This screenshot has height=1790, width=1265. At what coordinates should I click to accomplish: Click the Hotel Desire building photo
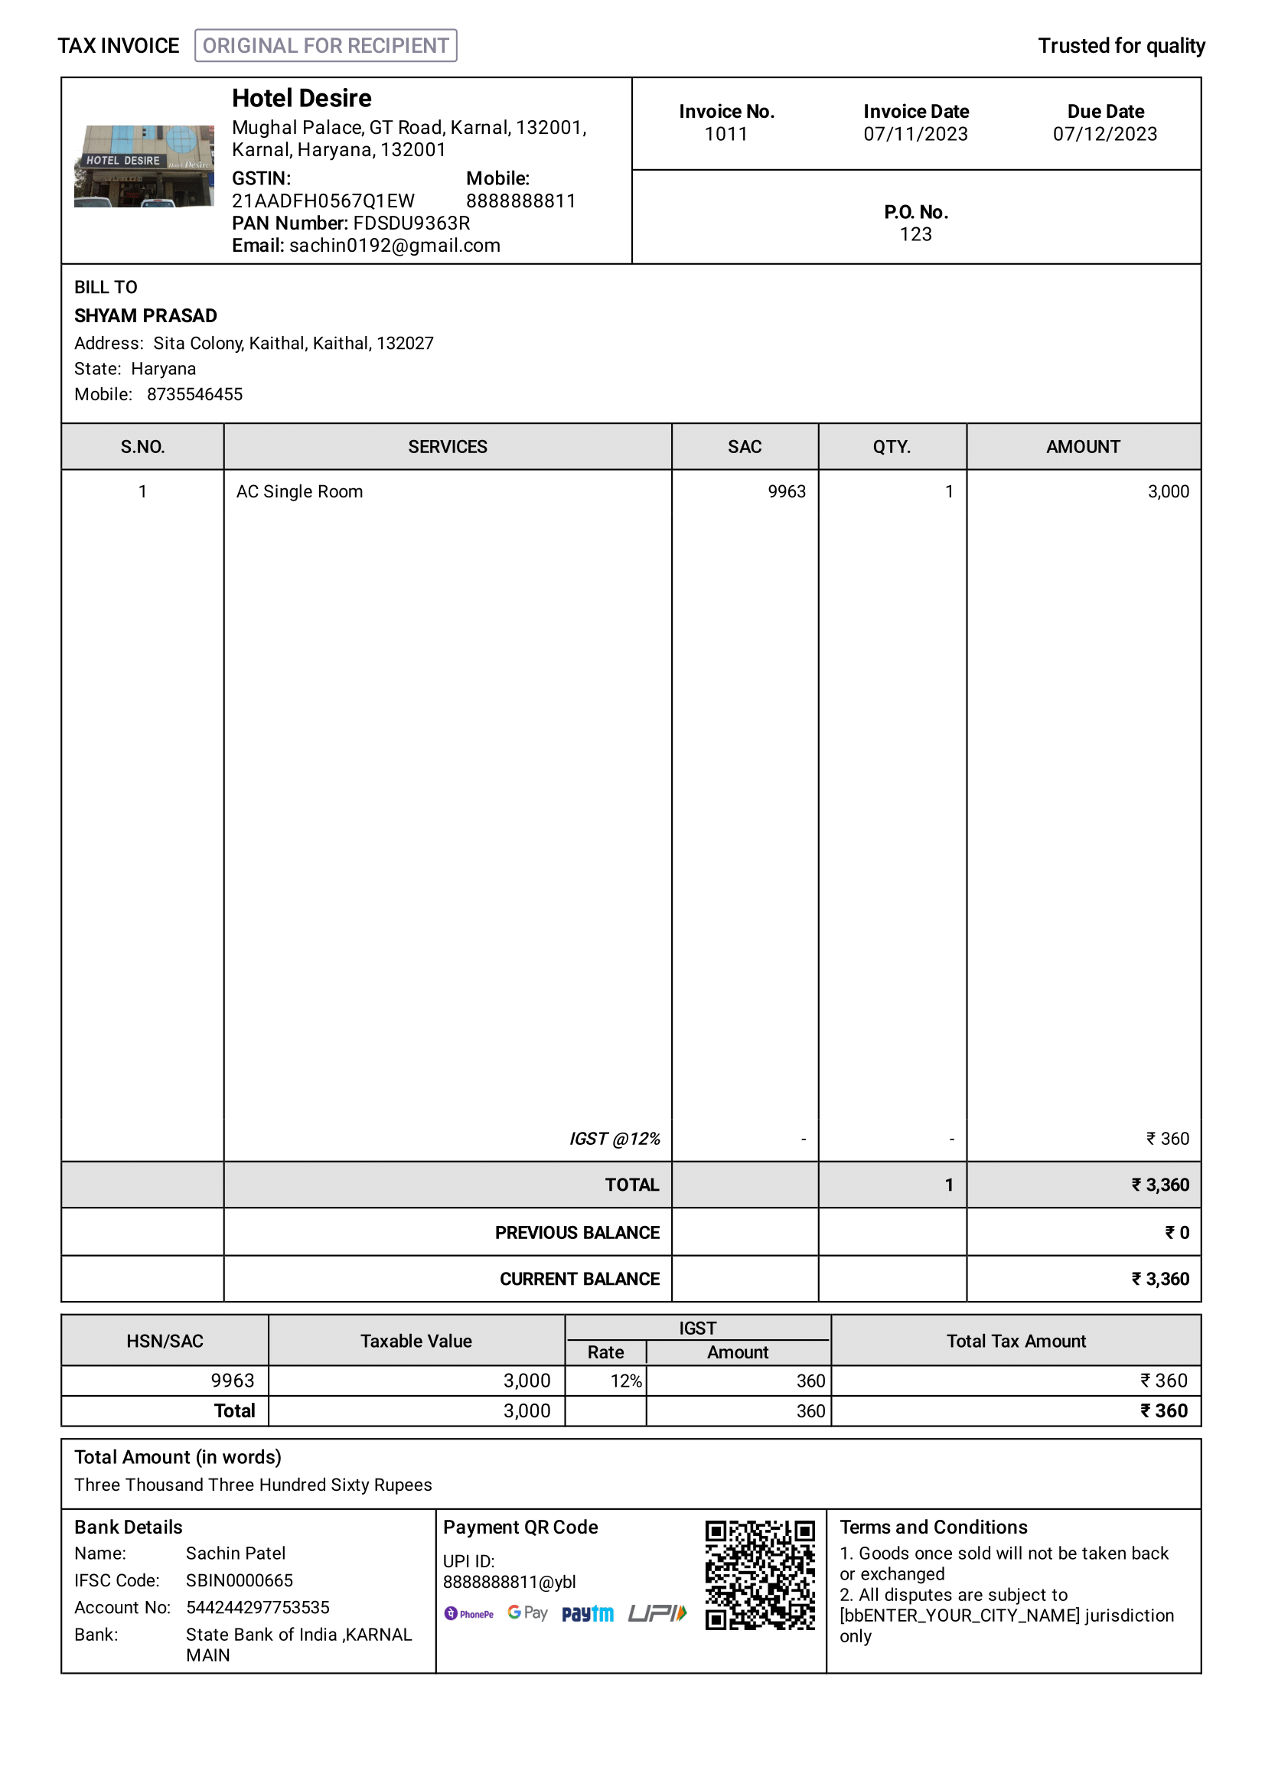click(x=143, y=166)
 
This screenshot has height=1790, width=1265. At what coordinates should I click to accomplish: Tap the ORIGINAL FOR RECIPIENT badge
click(x=325, y=45)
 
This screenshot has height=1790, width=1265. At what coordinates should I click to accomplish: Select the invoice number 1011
click(x=725, y=134)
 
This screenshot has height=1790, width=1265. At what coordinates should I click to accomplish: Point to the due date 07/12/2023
click(x=1104, y=134)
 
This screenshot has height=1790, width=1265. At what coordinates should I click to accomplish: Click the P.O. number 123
click(x=915, y=235)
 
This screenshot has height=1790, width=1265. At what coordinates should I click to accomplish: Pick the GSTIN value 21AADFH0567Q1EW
click(x=323, y=201)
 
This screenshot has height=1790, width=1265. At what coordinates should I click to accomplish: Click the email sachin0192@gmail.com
click(x=394, y=246)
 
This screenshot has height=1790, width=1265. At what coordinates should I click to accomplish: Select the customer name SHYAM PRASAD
click(x=145, y=316)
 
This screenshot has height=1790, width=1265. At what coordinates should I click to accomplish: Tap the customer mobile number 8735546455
click(x=195, y=394)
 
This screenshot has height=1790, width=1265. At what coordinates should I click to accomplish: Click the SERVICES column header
click(x=448, y=447)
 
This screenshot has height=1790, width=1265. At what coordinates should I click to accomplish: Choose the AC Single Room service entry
click(x=299, y=491)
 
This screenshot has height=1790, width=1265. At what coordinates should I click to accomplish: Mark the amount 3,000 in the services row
click(x=1168, y=491)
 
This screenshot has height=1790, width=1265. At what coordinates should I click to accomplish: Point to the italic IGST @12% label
click(x=615, y=1139)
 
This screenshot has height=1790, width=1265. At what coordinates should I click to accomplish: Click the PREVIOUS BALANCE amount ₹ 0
click(x=1176, y=1233)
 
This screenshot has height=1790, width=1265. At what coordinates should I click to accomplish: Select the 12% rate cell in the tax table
click(x=626, y=1381)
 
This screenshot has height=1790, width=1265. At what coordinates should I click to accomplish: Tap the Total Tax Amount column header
click(x=1016, y=1341)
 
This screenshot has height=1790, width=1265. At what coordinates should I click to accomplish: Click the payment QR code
click(x=760, y=1575)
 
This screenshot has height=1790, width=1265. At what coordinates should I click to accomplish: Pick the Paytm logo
click(x=588, y=1613)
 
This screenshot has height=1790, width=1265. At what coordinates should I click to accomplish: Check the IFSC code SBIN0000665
click(x=240, y=1580)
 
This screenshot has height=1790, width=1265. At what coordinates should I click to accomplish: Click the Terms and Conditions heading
click(x=933, y=1528)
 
